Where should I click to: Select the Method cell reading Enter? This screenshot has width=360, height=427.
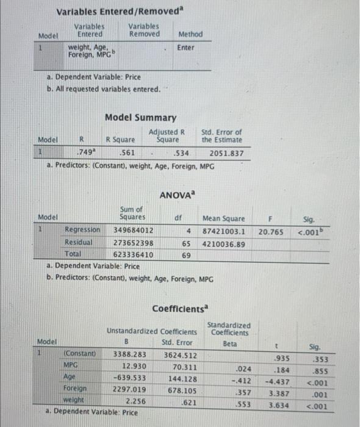click(185, 48)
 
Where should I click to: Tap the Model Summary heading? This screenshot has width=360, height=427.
click(141, 117)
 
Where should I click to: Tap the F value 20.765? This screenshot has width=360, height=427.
click(273, 232)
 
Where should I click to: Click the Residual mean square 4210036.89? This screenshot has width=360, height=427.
click(224, 243)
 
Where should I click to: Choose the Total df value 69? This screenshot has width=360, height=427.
click(185, 255)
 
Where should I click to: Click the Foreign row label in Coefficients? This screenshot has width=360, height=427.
click(75, 388)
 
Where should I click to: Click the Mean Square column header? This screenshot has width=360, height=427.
click(224, 218)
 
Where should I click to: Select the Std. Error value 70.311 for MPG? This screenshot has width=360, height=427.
click(181, 365)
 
